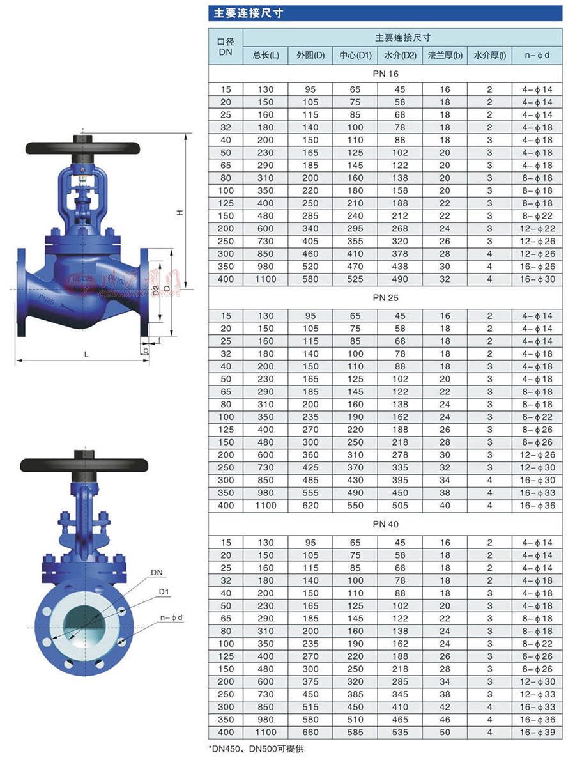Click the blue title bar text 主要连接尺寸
248,13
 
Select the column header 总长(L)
266,55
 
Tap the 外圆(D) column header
310,55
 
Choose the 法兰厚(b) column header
445,55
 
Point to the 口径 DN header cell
226,47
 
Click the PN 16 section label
386,74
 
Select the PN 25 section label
386,298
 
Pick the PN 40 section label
386,524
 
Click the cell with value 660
310,733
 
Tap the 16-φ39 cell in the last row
537,733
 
